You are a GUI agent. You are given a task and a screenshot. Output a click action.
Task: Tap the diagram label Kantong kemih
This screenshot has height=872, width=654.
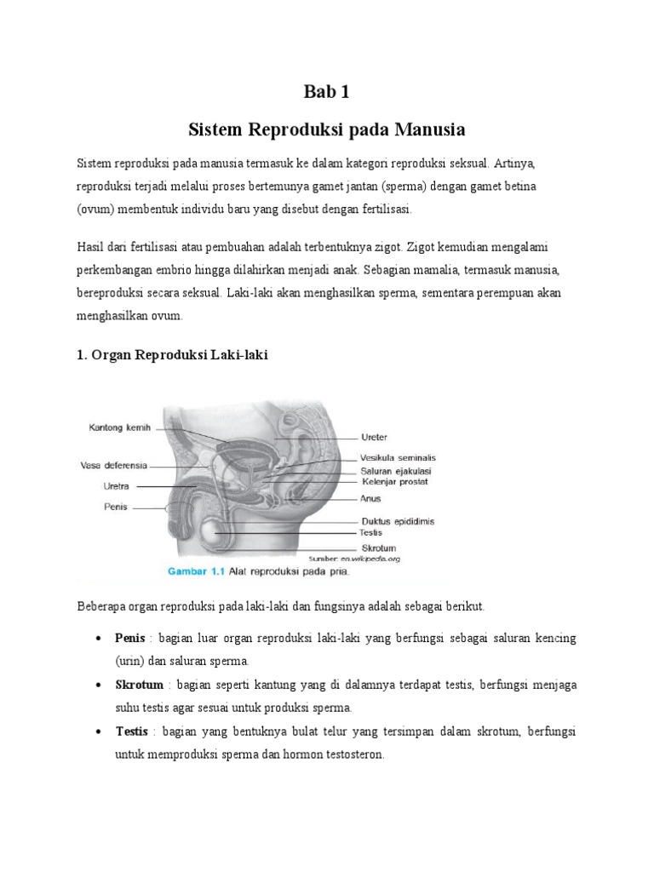[x=119, y=428]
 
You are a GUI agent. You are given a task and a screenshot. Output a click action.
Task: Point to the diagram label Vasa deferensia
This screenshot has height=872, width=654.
[x=113, y=466]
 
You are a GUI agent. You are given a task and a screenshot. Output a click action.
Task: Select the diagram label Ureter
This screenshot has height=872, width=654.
[x=374, y=438]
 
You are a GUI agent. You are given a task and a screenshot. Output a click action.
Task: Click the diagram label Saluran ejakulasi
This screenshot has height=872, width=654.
[x=393, y=470]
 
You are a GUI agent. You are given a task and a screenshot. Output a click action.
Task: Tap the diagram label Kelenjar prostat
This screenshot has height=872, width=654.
[x=393, y=482]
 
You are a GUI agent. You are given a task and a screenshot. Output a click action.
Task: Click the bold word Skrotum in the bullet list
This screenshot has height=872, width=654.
[x=139, y=685]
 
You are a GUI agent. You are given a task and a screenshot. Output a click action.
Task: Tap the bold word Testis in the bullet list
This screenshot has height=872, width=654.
[x=132, y=731]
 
